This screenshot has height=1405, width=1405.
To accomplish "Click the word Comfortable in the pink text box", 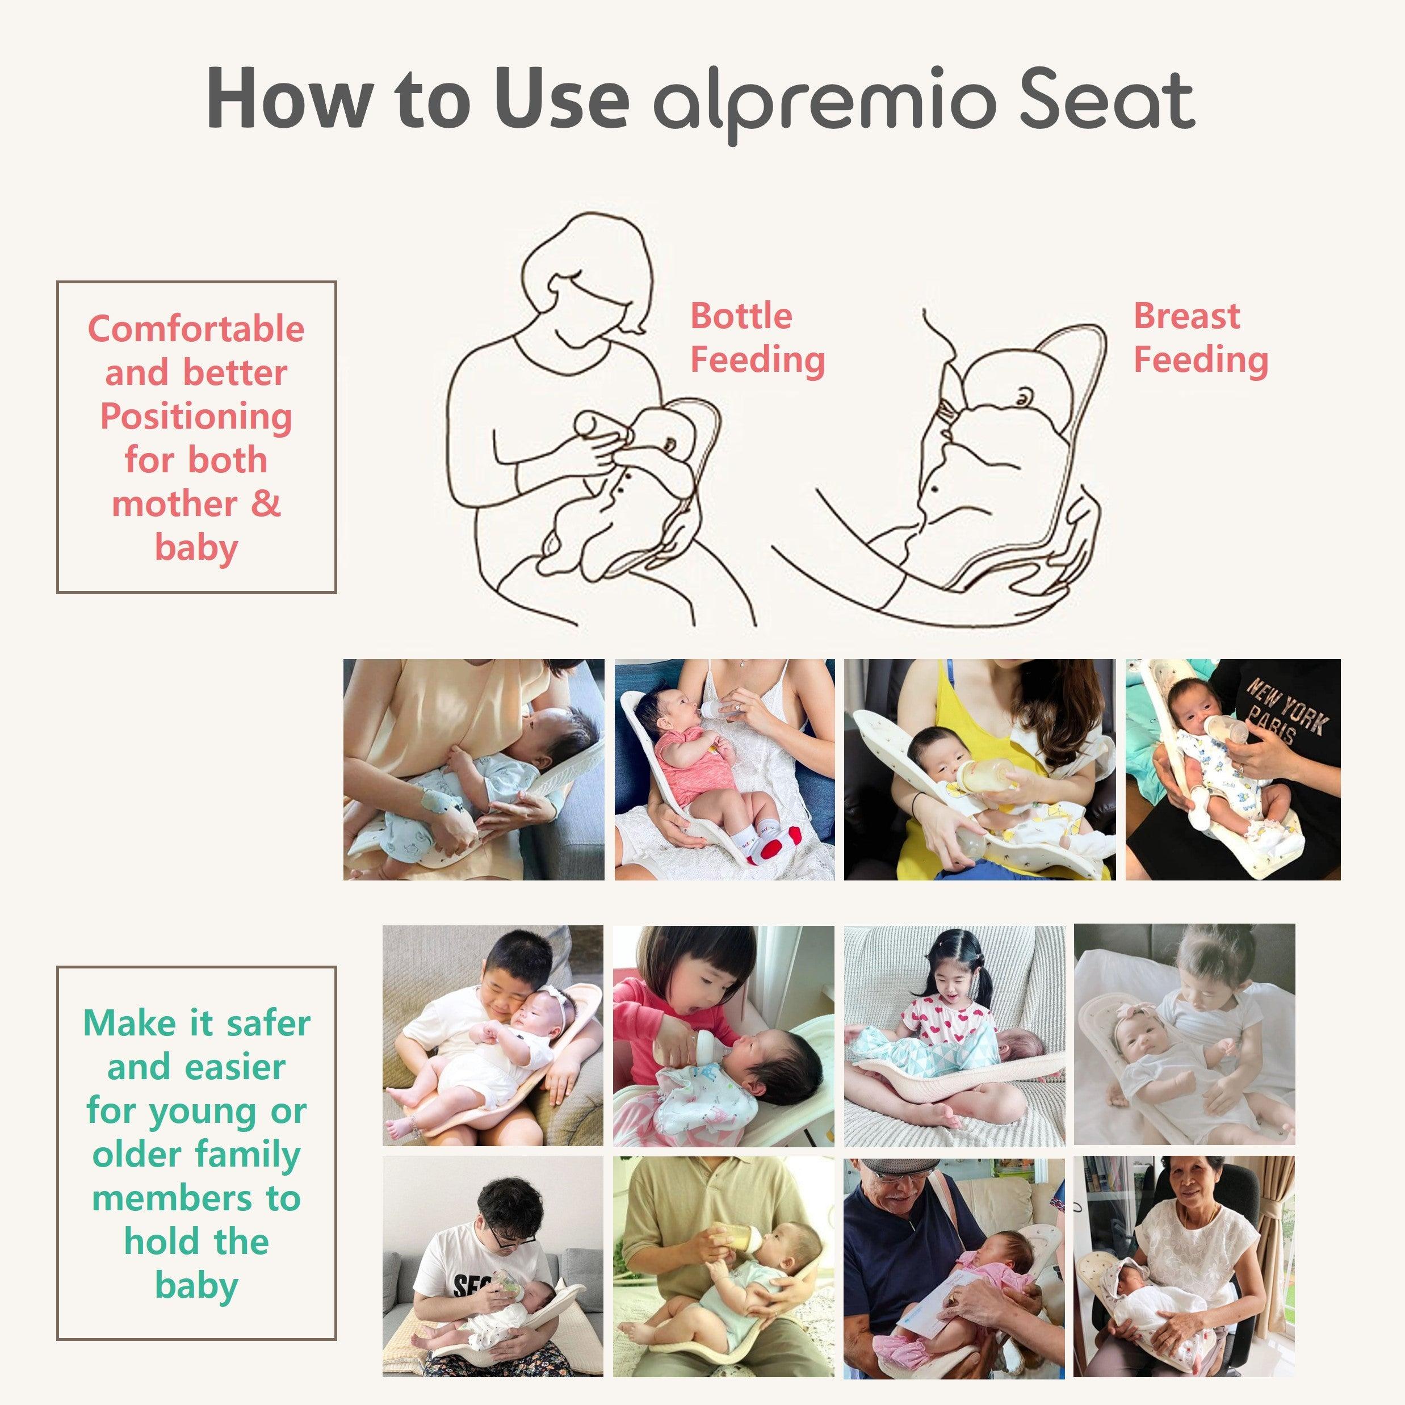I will tap(196, 329).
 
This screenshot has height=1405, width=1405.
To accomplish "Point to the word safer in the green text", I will tap(269, 1023).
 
